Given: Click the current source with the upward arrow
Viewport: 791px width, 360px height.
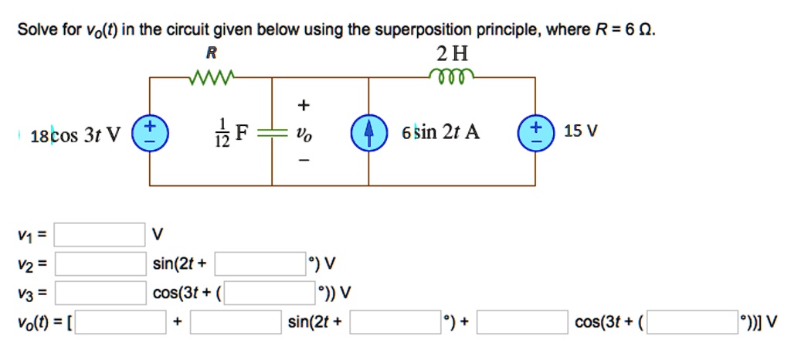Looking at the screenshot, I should point(366,132).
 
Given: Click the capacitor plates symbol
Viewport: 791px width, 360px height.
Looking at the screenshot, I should point(271,132).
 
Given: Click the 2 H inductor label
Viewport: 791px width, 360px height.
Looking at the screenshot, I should point(452,54).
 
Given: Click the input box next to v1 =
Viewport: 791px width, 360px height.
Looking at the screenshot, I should point(100,233).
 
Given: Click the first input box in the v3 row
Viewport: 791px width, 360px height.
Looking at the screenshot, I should point(100,293).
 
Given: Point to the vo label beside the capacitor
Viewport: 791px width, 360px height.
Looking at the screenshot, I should point(307,134).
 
